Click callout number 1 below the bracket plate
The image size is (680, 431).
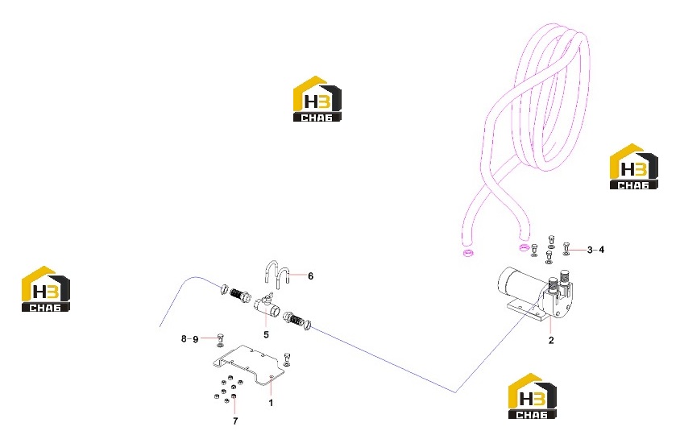(271, 403)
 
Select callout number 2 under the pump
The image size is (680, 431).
(551, 341)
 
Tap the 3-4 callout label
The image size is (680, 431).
(595, 250)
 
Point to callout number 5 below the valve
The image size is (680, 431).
(266, 335)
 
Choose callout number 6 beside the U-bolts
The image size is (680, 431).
(310, 276)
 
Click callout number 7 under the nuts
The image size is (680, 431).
(235, 421)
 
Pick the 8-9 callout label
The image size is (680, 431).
(189, 339)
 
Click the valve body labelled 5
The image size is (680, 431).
(265, 305)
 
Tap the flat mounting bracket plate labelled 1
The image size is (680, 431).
(249, 365)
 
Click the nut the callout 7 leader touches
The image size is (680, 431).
(234, 396)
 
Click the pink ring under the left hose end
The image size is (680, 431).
(467, 253)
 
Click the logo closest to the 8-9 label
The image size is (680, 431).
(46, 288)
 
